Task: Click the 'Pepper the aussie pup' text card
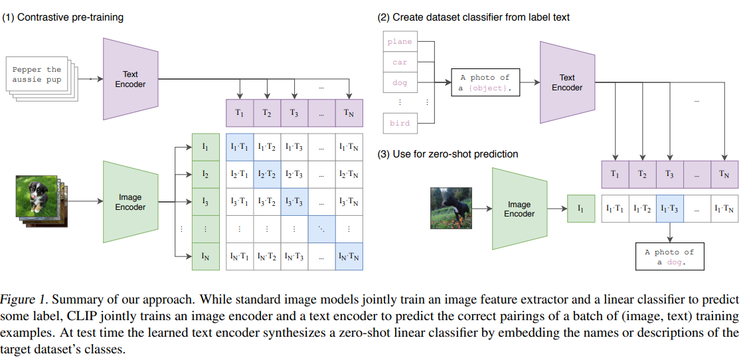pyautogui.click(x=37, y=74)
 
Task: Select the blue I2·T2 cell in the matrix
pyautogui.click(x=267, y=175)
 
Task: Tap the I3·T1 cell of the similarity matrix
pyautogui.click(x=240, y=202)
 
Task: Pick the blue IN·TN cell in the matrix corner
pyautogui.click(x=349, y=256)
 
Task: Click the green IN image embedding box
pyautogui.click(x=206, y=256)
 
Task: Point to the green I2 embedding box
pyautogui.click(x=206, y=175)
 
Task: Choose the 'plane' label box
pyautogui.click(x=400, y=41)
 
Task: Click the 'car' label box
pyautogui.click(x=400, y=62)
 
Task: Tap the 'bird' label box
pyautogui.click(x=400, y=124)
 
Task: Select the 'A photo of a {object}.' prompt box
pyautogui.click(x=485, y=82)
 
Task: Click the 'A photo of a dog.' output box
pyautogui.click(x=669, y=256)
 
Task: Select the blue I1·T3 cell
pyautogui.click(x=669, y=209)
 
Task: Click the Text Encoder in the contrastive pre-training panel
pyautogui.click(x=130, y=79)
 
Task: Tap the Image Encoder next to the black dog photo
pyautogui.click(x=519, y=209)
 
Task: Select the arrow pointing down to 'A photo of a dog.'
pyautogui.click(x=669, y=232)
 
